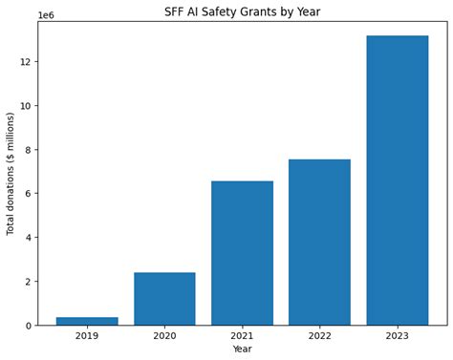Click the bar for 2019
point(87,321)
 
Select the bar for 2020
point(164,299)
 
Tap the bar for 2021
point(242,253)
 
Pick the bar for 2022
point(319,243)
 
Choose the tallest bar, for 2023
point(397,180)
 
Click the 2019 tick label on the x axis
point(87,335)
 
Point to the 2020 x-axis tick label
point(164,335)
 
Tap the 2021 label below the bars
point(242,335)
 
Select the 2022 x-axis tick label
point(319,335)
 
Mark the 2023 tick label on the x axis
point(397,335)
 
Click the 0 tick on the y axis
point(28,326)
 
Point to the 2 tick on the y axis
point(28,282)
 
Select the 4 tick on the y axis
point(28,238)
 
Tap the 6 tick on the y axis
point(28,194)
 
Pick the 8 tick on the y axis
point(28,150)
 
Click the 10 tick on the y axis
point(25,106)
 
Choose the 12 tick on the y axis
point(25,62)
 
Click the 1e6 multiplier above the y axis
point(46,15)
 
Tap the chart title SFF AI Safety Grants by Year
point(242,11)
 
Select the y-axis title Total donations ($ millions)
point(11,174)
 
